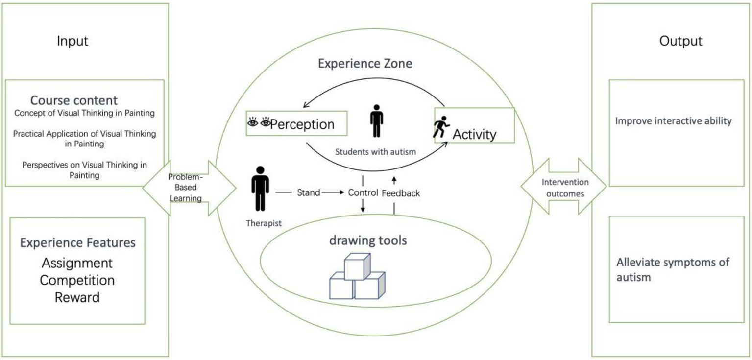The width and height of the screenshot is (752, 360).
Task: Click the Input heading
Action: [x=73, y=41]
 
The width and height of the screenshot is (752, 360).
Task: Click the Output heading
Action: [x=680, y=41]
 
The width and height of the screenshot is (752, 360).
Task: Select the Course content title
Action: [x=74, y=100]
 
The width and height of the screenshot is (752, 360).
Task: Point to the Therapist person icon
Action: [x=260, y=189]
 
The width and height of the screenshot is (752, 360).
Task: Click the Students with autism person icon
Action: [x=376, y=121]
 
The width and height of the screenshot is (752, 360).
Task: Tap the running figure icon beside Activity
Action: [x=440, y=128]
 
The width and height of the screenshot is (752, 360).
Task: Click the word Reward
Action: [x=77, y=297]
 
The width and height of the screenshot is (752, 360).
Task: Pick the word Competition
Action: [x=77, y=280]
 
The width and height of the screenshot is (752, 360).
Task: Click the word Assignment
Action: [x=77, y=263]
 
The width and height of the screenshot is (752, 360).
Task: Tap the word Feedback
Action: [x=401, y=193]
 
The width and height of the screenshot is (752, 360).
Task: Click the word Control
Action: [x=363, y=192]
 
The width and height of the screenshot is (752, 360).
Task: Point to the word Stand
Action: [x=309, y=192]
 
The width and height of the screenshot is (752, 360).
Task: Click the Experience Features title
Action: [x=77, y=242]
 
